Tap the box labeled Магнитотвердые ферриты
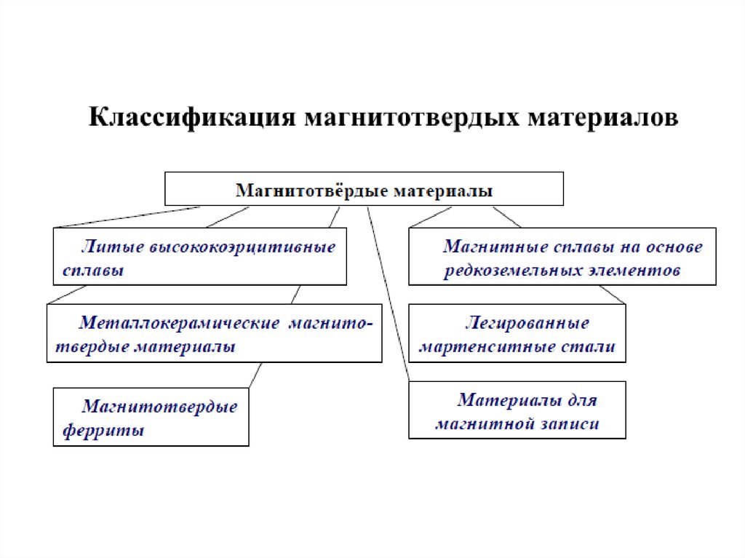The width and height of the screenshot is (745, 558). [151, 418]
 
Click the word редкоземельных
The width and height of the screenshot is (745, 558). [514, 271]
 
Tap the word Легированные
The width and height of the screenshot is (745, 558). [527, 322]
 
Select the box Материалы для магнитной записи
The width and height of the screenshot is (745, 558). [517, 411]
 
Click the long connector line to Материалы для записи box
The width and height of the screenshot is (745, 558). [389, 291]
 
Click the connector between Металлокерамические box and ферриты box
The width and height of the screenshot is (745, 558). [255, 375]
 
